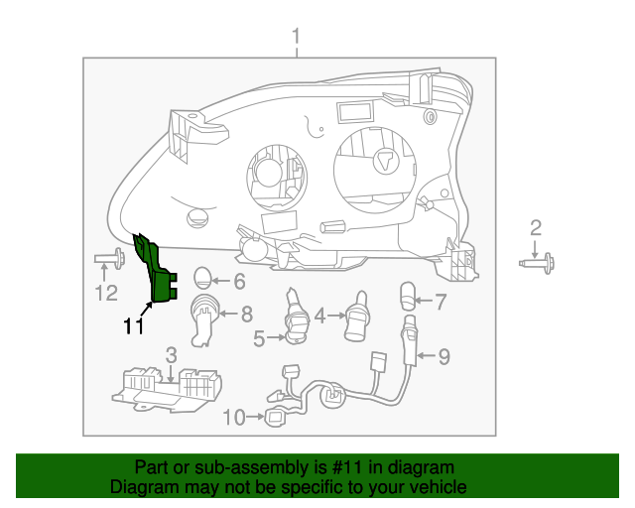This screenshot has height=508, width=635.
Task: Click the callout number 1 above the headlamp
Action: tap(295, 38)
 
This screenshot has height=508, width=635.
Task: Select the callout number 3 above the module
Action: tap(171, 355)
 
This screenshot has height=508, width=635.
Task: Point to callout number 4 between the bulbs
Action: tap(319, 317)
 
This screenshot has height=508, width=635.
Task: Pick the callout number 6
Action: tap(238, 281)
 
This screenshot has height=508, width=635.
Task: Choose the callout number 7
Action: tap(441, 299)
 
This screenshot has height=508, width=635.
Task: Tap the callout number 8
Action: tap(247, 315)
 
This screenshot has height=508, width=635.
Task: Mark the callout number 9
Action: tap(444, 354)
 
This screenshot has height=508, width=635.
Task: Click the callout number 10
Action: tap(234, 418)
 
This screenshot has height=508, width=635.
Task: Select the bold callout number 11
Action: tap(134, 325)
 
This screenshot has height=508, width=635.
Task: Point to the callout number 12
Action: tap(105, 293)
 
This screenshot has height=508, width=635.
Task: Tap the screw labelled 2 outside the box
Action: tap(538, 262)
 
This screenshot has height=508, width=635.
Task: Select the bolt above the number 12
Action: tap(109, 261)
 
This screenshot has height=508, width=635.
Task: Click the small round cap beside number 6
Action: tap(202, 279)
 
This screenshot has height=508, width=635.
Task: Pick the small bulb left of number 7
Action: tap(406, 295)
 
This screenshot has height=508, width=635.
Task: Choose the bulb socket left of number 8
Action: tap(202, 317)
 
